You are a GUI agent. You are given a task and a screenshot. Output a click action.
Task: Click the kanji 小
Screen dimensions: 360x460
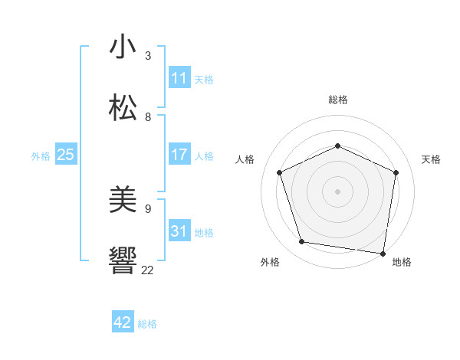coord(123,47)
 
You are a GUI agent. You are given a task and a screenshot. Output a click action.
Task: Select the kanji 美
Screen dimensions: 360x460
coord(123,201)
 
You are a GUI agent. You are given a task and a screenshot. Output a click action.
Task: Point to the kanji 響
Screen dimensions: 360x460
coord(123,261)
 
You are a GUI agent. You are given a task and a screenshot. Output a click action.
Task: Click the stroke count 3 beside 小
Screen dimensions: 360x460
coord(148,56)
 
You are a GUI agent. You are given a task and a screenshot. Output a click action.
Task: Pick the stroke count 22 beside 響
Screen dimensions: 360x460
coord(148,270)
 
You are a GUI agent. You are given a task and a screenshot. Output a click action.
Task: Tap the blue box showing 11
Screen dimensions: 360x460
coord(179,78)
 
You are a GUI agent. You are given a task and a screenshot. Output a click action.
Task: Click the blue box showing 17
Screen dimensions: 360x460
coord(179,155)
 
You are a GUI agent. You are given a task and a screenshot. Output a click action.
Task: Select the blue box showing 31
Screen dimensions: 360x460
coord(179,231)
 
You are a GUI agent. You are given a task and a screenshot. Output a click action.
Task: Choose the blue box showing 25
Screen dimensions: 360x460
coord(66,155)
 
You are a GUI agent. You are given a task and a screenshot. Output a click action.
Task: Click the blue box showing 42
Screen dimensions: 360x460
coord(123,322)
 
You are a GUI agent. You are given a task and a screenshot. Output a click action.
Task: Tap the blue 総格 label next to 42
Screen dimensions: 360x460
coord(147,324)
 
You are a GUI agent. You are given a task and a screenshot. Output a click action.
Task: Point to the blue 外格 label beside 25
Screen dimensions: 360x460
coord(41,156)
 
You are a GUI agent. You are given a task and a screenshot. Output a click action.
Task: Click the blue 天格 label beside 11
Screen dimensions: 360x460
coord(204,79)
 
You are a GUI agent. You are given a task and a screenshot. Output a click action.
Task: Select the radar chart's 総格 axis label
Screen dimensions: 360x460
coord(337,100)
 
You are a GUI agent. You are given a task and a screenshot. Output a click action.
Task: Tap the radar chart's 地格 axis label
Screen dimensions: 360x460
coord(402,262)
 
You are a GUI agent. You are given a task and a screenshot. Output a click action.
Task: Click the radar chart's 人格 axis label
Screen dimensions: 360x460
coord(245,159)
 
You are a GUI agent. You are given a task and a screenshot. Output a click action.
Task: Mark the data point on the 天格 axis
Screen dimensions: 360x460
coord(396,172)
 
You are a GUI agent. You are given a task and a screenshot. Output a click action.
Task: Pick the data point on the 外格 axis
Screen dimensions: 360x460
coord(302,242)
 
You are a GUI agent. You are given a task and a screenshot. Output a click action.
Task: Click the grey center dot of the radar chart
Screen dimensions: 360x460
coord(337,191)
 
